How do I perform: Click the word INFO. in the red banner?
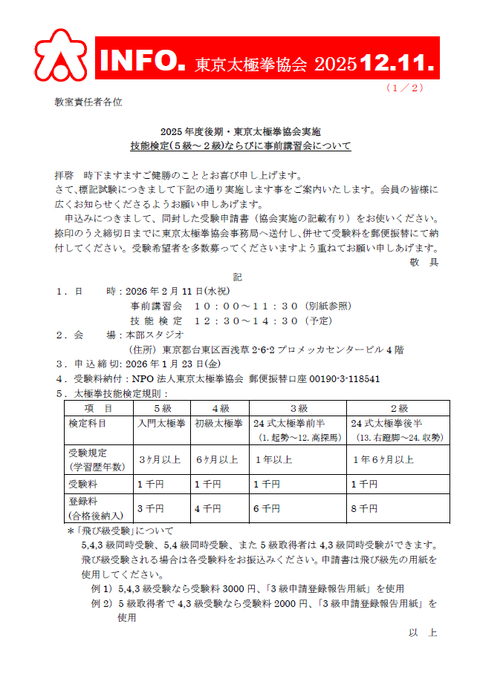(x=141, y=59)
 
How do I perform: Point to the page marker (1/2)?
(x=404, y=88)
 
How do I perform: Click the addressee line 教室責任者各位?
(x=88, y=101)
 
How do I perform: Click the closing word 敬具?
(x=424, y=262)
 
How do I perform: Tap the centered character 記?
(x=238, y=277)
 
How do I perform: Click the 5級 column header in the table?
(x=163, y=408)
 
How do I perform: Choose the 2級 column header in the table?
(x=399, y=408)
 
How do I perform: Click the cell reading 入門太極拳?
(x=160, y=423)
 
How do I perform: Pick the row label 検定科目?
(x=87, y=423)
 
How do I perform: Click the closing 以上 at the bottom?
(x=423, y=633)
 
